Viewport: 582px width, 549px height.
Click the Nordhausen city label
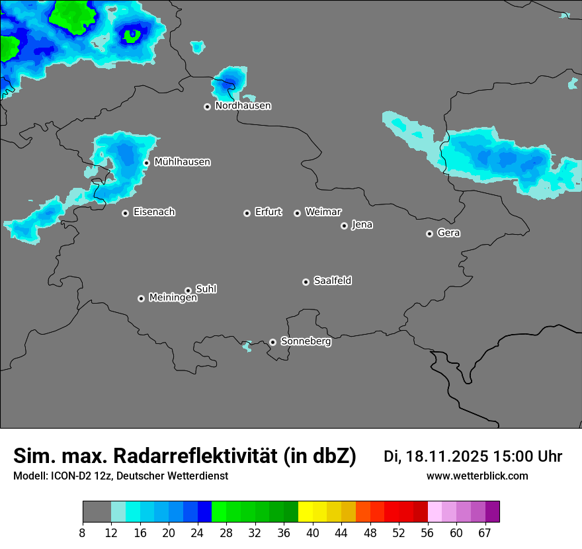point(243,106)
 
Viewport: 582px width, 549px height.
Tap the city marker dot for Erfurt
point(247,213)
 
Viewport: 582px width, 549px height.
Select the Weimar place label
point(323,212)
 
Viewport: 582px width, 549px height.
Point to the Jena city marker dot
point(344,226)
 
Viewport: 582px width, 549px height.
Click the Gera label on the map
point(448,233)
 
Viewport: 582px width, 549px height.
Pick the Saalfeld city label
point(332,281)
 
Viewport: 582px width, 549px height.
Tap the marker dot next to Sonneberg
point(272,342)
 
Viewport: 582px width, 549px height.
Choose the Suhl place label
point(206,289)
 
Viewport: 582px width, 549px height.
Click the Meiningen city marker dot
point(141,298)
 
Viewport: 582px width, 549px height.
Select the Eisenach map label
point(154,212)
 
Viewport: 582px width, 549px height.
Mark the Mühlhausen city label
point(182,162)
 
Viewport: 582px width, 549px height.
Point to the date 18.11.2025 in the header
point(447,456)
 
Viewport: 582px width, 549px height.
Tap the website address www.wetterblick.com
point(477,476)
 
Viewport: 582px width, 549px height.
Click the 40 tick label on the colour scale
point(313,532)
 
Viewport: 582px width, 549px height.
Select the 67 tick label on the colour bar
point(485,532)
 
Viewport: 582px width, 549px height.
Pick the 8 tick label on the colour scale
point(83,532)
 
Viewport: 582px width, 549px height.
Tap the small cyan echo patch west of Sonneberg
point(247,346)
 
